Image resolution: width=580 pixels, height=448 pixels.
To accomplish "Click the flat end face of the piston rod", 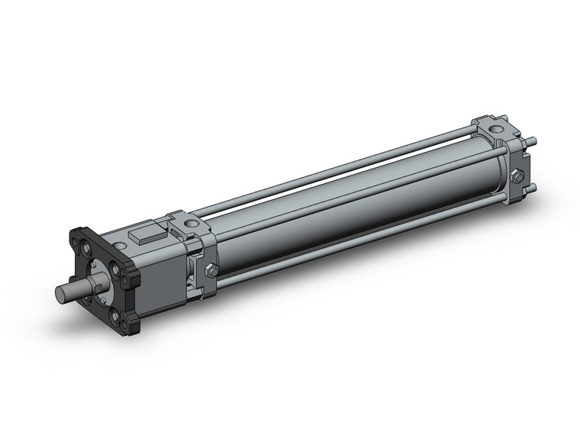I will pyautogui.click(x=61, y=293).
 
